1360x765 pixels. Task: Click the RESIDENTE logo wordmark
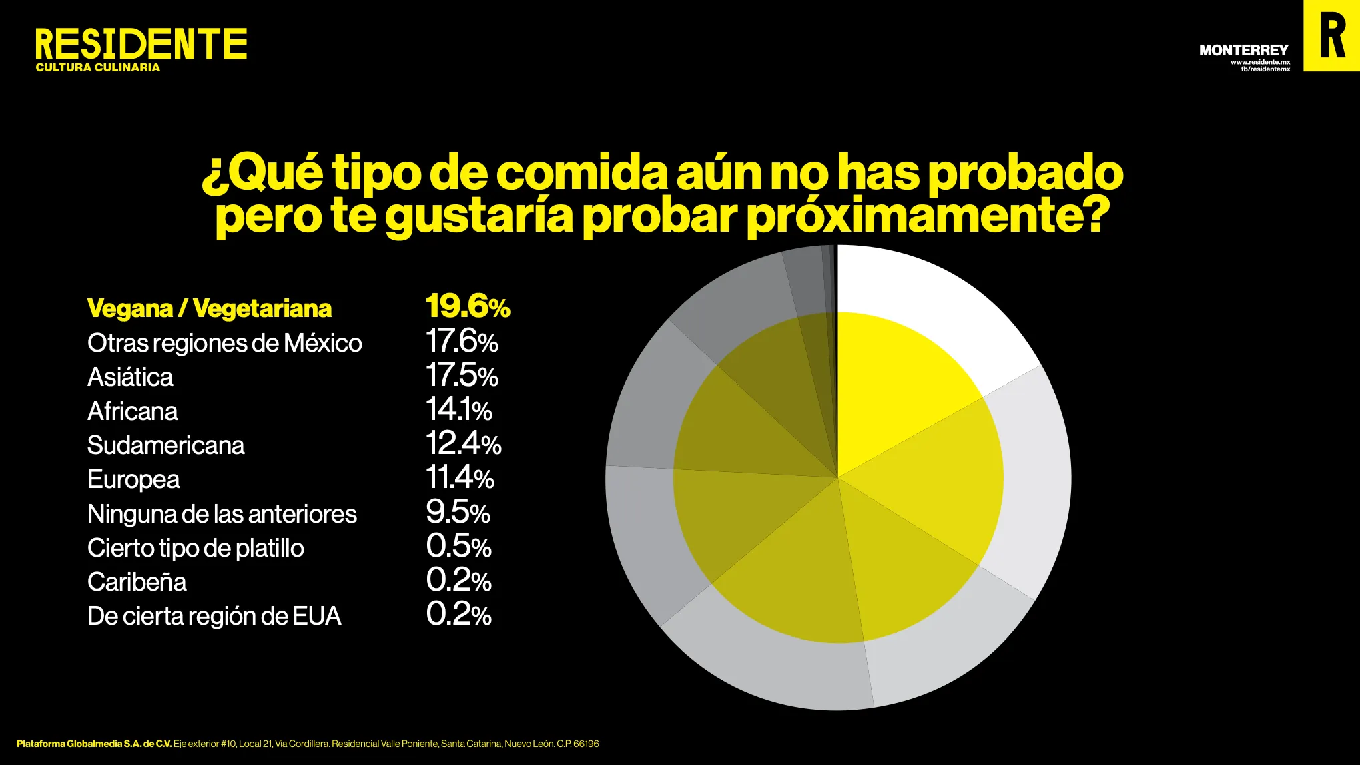141,44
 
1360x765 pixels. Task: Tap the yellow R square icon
1331,35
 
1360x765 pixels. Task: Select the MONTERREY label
1243,50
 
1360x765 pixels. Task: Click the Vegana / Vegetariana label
210,308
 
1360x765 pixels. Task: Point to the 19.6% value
468,306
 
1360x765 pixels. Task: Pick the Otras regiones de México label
225,343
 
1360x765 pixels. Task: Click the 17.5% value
462,375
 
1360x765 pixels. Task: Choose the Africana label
133,411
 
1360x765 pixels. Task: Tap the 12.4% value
463,443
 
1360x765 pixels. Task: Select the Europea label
133,479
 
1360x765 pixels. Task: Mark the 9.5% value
458,512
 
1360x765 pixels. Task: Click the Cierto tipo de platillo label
196,548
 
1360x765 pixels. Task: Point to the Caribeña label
137,582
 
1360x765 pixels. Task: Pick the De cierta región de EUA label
214,616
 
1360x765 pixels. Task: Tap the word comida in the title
581,172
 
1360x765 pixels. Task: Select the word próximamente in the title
928,216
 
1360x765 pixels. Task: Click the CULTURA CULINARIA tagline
98,67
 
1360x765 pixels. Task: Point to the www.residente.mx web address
1260,62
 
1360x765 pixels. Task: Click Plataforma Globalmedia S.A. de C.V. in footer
94,744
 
